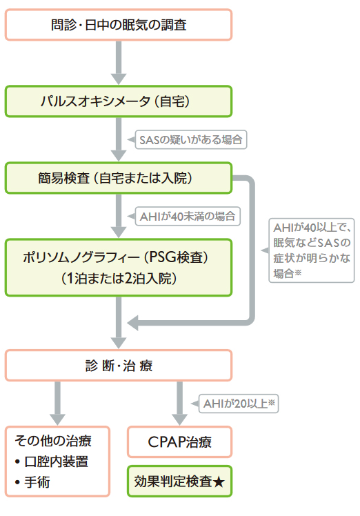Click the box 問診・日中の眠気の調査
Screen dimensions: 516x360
(119, 26)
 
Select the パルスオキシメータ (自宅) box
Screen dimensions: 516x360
(119, 101)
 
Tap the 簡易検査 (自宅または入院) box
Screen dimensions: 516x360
(119, 178)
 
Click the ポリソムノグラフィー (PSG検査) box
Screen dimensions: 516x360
(119, 257)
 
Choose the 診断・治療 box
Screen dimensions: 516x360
(119, 366)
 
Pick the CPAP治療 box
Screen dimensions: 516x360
(180, 442)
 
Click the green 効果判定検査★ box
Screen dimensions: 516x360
(180, 482)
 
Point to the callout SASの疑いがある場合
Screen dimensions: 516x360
(191, 140)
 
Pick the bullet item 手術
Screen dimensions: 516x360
(41, 483)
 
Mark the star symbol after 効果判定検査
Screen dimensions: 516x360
(219, 482)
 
